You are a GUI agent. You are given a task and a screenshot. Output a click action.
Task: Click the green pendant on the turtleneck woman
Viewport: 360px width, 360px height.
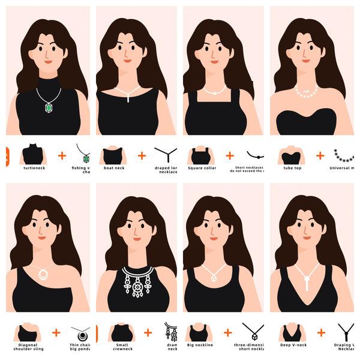(49, 107)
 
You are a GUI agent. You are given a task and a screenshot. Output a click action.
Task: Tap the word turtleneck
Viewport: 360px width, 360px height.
(34, 168)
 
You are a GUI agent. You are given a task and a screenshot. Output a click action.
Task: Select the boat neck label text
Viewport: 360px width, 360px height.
(113, 168)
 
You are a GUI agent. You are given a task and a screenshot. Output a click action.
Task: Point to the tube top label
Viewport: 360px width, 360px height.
(292, 168)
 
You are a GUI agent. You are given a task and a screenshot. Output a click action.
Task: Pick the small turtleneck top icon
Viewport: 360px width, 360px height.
(34, 154)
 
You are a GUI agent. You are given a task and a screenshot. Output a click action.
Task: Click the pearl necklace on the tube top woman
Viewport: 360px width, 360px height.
(306, 92)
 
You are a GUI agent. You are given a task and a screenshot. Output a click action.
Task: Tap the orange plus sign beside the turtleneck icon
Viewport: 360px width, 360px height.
(62, 155)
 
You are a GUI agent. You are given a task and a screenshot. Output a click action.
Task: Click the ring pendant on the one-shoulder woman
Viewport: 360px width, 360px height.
(43, 274)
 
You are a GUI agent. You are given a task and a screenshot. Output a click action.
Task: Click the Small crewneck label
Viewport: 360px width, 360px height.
(121, 346)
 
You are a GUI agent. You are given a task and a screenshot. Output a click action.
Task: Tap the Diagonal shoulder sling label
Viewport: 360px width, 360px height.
(28, 346)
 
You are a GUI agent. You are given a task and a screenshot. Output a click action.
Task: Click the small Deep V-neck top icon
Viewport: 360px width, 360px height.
(292, 332)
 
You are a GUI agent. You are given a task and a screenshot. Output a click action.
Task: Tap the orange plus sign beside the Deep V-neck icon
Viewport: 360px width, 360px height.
(321, 332)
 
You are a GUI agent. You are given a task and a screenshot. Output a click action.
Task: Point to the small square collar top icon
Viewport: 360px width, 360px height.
(200, 155)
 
